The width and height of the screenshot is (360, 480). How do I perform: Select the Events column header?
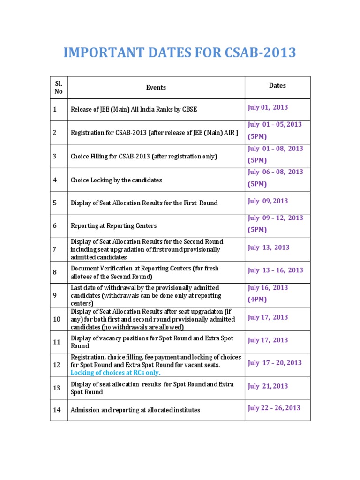pyautogui.click(x=156, y=87)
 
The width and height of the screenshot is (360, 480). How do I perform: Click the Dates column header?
pyautogui.click(x=277, y=86)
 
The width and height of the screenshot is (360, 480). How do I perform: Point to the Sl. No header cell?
pyautogui.click(x=58, y=87)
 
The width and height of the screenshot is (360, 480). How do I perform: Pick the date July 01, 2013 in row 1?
pyautogui.click(x=268, y=107)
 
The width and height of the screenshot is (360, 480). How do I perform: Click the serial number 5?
pyautogui.click(x=55, y=203)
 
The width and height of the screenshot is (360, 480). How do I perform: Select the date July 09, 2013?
pyautogui.click(x=268, y=201)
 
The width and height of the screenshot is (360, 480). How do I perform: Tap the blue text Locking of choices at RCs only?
pyautogui.click(x=115, y=373)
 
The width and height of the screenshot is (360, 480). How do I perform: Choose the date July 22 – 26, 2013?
pyautogui.click(x=274, y=408)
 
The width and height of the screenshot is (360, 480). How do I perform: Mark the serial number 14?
pyautogui.click(x=57, y=410)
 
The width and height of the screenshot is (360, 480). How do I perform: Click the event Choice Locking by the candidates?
pyautogui.click(x=116, y=180)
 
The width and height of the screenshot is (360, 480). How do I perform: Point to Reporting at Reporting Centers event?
pyautogui.click(x=113, y=226)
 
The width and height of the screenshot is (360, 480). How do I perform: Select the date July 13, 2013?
pyautogui.click(x=269, y=247)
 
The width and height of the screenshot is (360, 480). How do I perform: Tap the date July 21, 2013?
pyautogui.click(x=268, y=386)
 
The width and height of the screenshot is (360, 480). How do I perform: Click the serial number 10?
pyautogui.click(x=57, y=319)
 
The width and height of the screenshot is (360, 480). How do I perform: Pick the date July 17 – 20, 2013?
pyautogui.click(x=275, y=363)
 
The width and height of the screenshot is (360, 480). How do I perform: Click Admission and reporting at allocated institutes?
pyautogui.click(x=135, y=410)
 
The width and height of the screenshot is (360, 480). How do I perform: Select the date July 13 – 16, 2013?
pyautogui.click(x=275, y=270)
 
